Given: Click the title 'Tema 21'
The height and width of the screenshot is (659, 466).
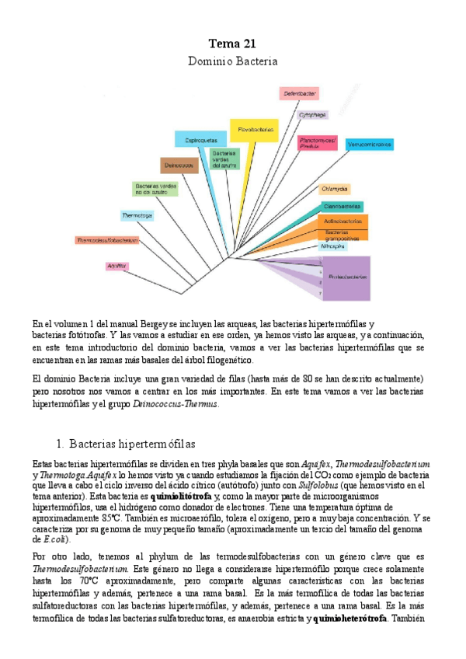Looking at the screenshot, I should (x=232, y=44).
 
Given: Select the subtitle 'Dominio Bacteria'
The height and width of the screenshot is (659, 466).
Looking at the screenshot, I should (x=232, y=60).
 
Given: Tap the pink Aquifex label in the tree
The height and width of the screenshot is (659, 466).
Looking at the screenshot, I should (x=116, y=267).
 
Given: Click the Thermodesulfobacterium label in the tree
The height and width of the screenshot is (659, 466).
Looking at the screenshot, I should (x=108, y=240).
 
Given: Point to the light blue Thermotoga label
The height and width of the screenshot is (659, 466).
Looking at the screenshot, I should (x=137, y=214).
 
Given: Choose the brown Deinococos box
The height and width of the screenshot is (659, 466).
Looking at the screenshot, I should (x=179, y=166).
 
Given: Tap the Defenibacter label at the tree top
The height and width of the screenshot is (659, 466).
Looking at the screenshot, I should (x=300, y=93).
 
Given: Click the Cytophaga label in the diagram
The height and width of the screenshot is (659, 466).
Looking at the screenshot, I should (x=312, y=115).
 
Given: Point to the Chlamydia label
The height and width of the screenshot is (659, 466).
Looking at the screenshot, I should (x=335, y=189).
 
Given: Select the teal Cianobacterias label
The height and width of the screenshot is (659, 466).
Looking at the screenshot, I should (x=343, y=207).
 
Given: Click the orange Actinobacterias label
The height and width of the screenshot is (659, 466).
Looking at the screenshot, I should (x=344, y=221).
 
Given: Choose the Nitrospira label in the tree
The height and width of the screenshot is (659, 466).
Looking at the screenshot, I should (x=333, y=246).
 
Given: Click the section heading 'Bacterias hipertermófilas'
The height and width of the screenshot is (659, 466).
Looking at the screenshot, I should (x=131, y=444).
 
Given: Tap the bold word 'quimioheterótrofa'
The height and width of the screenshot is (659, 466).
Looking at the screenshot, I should (x=349, y=619).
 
